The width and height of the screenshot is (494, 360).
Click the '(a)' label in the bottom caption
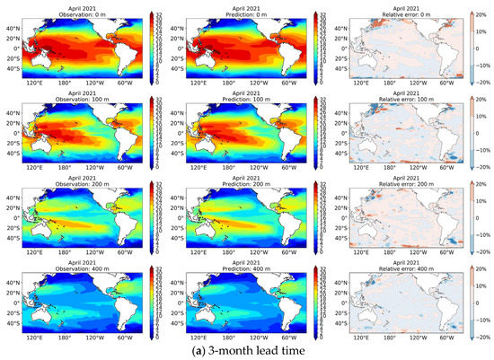(x=193, y=351)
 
